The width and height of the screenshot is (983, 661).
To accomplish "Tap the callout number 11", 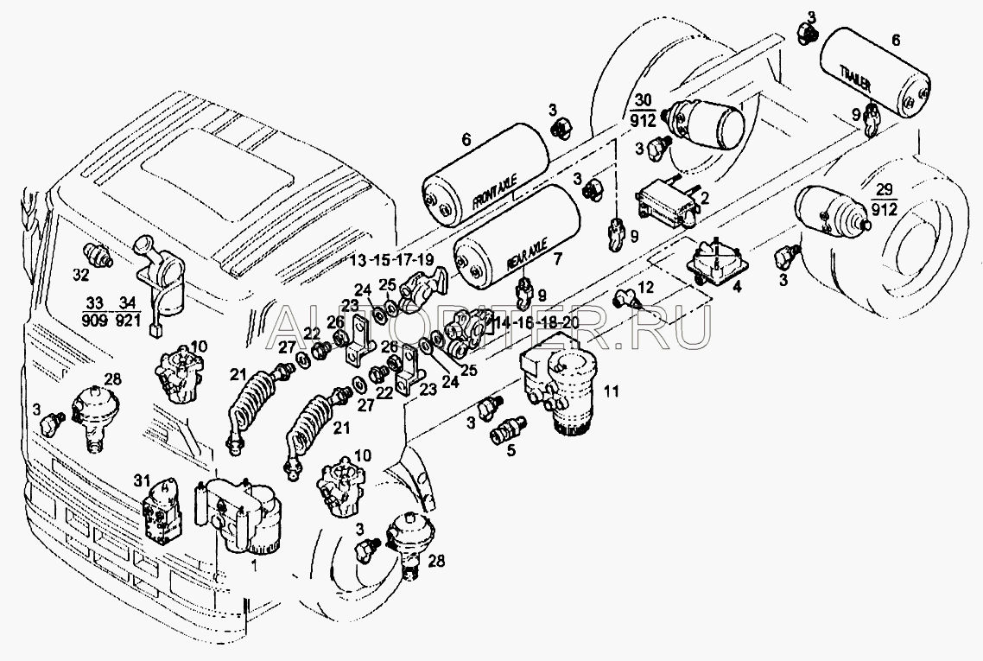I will (x=612, y=391).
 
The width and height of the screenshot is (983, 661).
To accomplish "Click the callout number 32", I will (x=80, y=276).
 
